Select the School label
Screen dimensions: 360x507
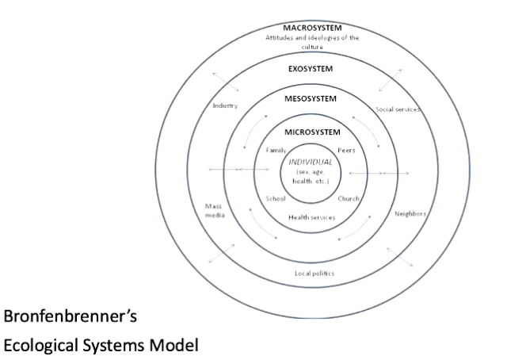coord(275,198)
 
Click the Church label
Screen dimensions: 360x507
coord(349,198)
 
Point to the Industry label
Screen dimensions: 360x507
coord(226,105)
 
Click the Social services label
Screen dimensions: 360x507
coord(397,109)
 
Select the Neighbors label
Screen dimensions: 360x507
coord(411,213)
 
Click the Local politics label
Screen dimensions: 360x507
coord(314,274)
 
